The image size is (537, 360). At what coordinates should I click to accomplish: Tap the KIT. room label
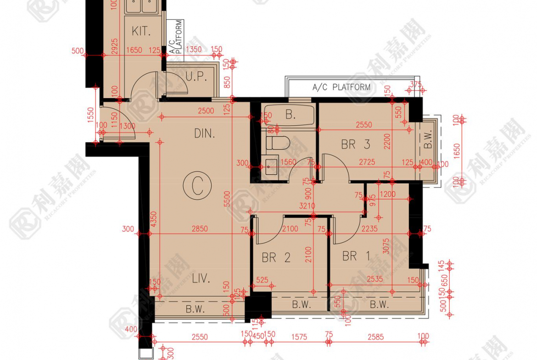click(x=141, y=32)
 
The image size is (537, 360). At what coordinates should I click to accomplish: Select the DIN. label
click(x=205, y=134)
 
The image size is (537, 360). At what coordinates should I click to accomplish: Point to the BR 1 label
click(x=356, y=256)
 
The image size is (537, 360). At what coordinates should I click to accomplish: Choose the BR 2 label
click(x=276, y=258)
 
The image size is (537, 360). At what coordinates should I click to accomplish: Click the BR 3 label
click(x=355, y=144)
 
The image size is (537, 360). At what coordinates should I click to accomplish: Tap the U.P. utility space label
click(x=196, y=77)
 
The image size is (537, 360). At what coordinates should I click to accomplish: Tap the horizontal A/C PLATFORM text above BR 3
click(x=341, y=87)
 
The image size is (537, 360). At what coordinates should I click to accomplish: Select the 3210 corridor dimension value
click(x=307, y=206)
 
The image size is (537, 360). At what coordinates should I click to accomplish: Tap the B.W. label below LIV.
click(x=195, y=309)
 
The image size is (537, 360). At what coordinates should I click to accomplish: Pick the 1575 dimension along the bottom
click(x=299, y=337)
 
